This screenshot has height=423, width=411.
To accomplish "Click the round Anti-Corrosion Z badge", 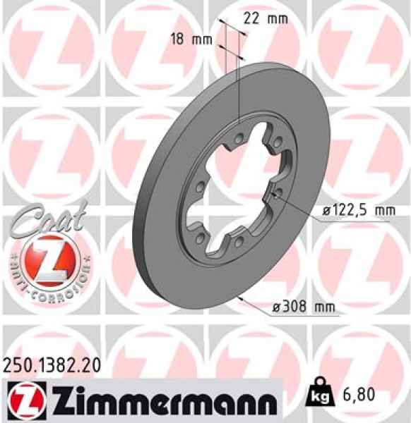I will [47, 261].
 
